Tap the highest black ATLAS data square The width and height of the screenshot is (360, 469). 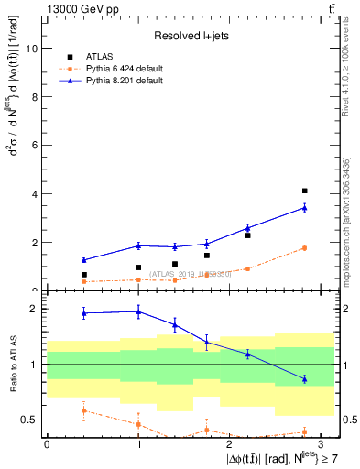(x=304, y=191)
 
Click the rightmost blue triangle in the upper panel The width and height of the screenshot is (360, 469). (x=304, y=208)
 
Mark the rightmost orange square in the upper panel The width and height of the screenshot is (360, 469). (x=304, y=247)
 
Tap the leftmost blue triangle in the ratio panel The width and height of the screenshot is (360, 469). (x=83, y=313)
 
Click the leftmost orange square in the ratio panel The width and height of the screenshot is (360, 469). (x=83, y=410)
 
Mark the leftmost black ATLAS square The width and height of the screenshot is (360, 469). (x=83, y=275)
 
